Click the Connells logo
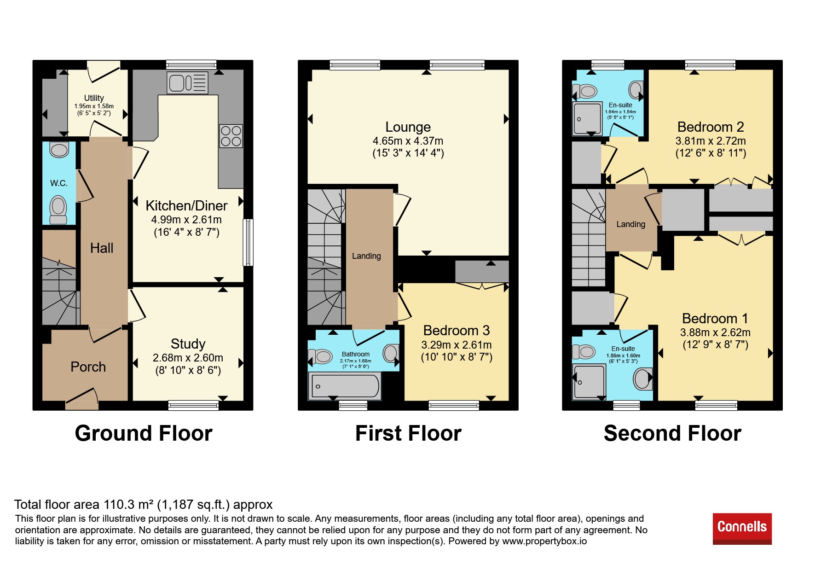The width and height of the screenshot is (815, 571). point(742,529)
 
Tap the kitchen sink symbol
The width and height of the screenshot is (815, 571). point(188,83)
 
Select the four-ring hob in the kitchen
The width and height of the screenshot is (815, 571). point(231,136)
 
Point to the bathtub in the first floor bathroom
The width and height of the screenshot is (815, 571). point(344,385)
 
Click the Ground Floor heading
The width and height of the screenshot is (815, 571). point(144,433)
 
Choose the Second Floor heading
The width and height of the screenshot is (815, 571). point(672,433)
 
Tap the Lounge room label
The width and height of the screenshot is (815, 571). point(408,127)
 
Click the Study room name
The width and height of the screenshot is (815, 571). point(188,344)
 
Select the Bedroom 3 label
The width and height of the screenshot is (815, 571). point(457,330)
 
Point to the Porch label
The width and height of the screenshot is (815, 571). point(88,367)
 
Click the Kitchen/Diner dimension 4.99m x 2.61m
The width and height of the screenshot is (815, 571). point(186,220)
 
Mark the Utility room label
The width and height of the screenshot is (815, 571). point(94,98)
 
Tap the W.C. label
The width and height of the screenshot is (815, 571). point(59,183)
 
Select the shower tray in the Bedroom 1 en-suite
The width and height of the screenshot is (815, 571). point(589,382)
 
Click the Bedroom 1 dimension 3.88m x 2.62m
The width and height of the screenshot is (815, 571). point(715,332)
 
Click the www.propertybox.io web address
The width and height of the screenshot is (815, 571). point(544,541)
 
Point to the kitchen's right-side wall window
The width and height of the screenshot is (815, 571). point(248,242)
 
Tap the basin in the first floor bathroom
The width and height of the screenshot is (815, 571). point(391,353)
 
